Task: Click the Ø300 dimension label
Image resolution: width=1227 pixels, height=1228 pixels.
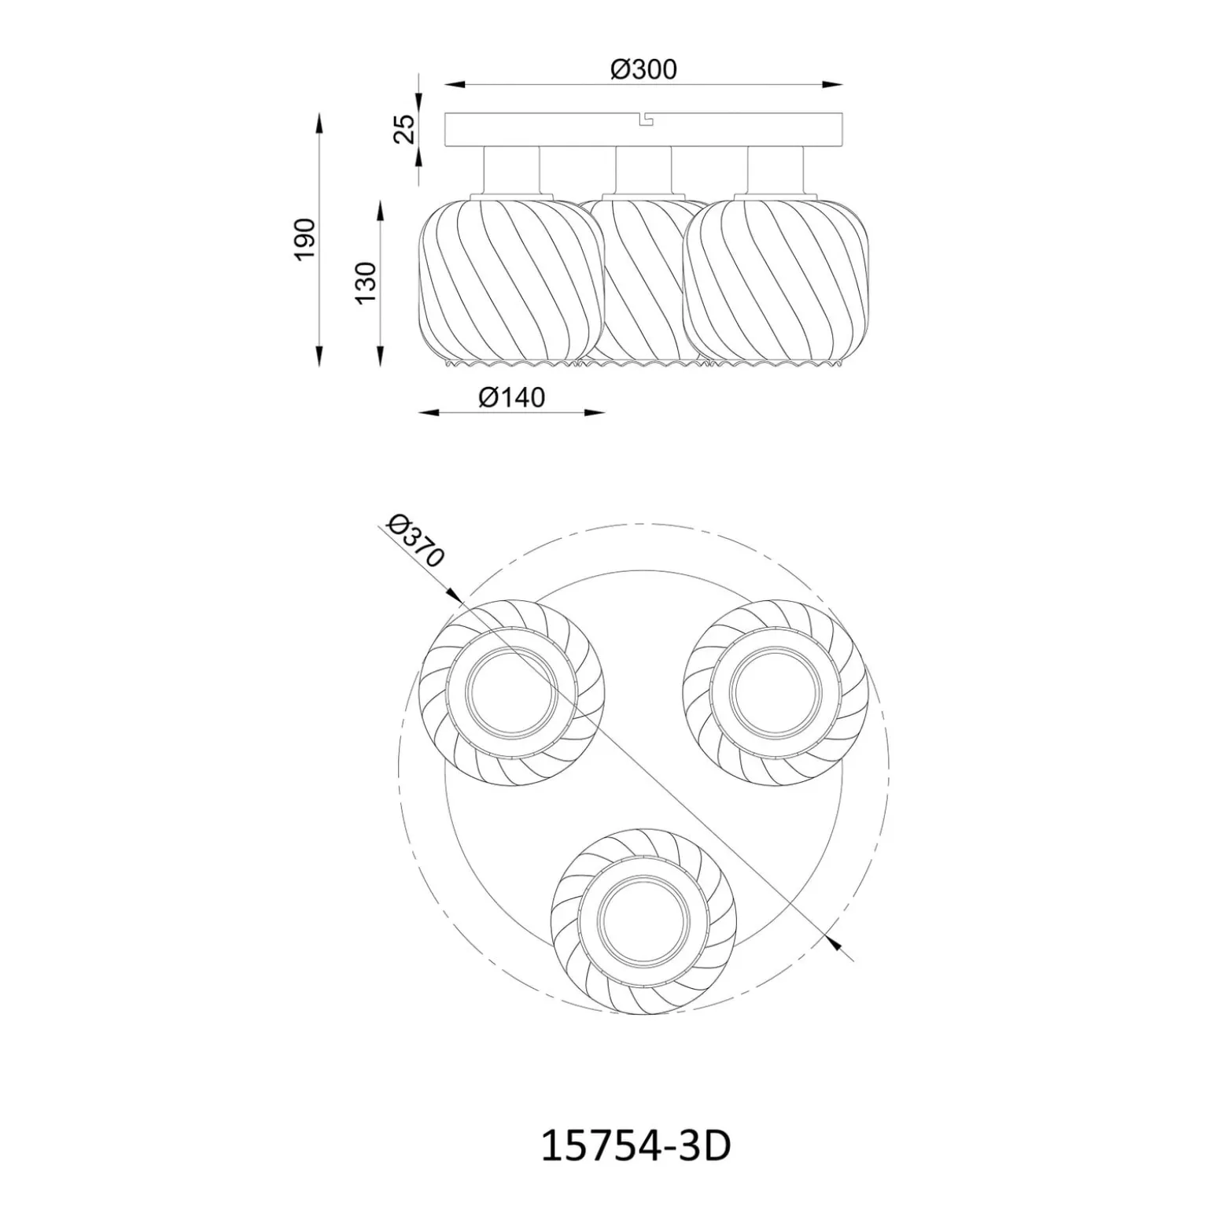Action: coord(643,69)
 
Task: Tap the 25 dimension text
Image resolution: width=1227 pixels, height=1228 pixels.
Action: coord(403,129)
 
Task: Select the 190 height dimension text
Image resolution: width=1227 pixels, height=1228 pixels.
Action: coord(304,239)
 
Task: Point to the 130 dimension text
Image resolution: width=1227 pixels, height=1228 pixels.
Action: coord(366,282)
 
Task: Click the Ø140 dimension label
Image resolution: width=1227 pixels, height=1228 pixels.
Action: coord(511,397)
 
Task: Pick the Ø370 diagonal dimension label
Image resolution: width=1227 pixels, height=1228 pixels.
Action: coord(416,541)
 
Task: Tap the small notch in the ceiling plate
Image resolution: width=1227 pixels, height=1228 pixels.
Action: coord(645,119)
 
